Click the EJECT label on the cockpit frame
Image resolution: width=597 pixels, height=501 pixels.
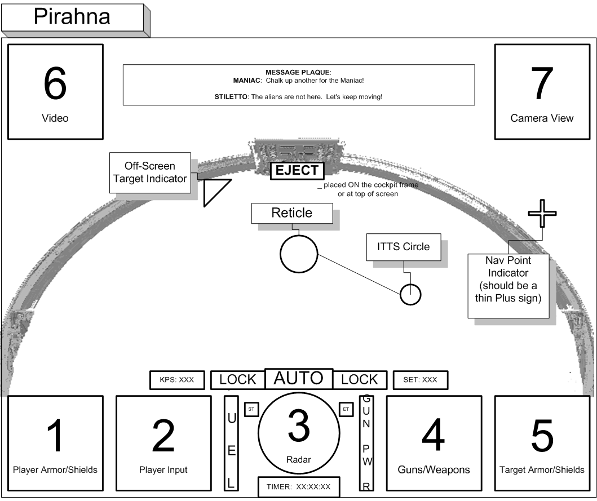pyautogui.click(x=297, y=171)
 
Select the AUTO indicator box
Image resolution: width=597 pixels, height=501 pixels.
pyautogui.click(x=298, y=379)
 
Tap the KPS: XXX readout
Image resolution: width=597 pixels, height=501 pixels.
pyautogui.click(x=176, y=380)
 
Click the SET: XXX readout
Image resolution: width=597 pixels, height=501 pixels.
pyautogui.click(x=419, y=380)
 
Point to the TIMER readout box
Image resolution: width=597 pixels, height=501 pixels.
pyautogui.click(x=299, y=487)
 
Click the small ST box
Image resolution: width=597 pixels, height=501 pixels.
pyautogui.click(x=251, y=409)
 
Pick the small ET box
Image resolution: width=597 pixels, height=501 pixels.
pyautogui.click(x=346, y=409)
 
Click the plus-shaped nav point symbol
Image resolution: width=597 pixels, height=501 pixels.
pyautogui.click(x=542, y=213)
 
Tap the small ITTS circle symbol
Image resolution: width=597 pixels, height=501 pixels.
pyautogui.click(x=410, y=294)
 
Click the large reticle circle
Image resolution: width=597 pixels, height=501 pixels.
pyautogui.click(x=299, y=253)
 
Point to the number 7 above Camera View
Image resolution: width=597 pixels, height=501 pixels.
pyautogui.click(x=541, y=83)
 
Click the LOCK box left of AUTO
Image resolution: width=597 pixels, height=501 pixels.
pyautogui.click(x=237, y=380)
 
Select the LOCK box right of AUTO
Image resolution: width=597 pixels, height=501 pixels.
pyautogui.click(x=359, y=380)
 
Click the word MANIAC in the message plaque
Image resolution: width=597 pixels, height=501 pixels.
pyautogui.click(x=246, y=81)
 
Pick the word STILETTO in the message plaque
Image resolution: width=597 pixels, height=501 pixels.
pyautogui.click(x=228, y=97)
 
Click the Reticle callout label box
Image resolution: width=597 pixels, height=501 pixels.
pyautogui.click(x=291, y=213)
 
